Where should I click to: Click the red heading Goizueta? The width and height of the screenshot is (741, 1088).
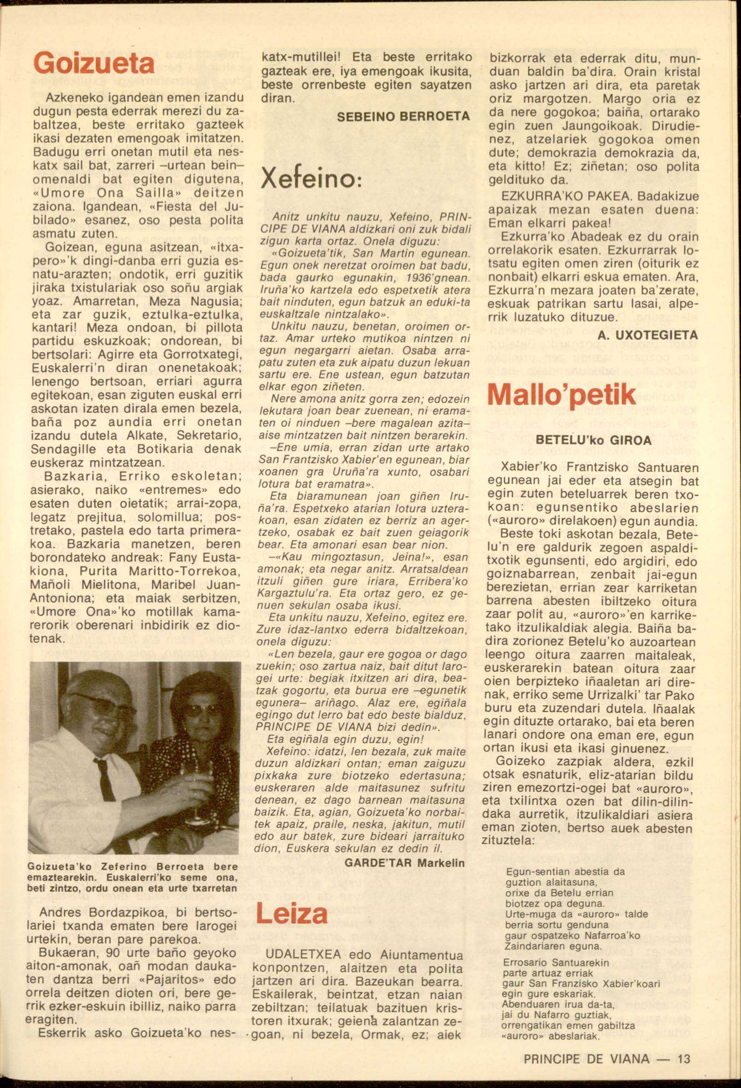[x=94, y=65]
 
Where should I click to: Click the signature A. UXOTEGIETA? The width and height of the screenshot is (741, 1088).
[x=648, y=335]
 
